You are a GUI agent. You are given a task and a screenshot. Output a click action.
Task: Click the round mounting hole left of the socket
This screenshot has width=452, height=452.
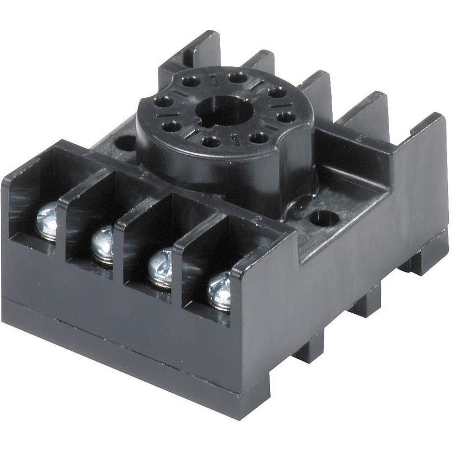(x=127, y=143)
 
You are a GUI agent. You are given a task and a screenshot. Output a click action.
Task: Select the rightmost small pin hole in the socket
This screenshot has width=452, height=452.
(x=286, y=118)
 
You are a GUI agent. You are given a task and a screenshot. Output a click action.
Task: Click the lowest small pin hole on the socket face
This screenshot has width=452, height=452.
(x=212, y=142)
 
